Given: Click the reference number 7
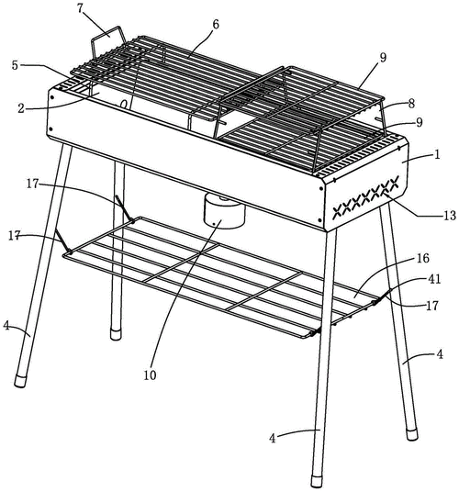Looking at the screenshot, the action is (80, 8).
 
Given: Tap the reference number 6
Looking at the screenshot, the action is (216, 25).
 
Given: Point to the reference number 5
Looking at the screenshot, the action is (16, 65).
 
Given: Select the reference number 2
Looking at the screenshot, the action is (21, 108).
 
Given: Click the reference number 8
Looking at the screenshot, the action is (411, 104).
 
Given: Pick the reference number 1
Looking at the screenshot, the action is (437, 154).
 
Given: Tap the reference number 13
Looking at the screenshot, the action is (450, 216).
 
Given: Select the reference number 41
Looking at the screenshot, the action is (434, 279).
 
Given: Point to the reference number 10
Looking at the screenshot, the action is (150, 375).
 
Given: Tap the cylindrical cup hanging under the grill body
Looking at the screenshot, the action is (224, 211).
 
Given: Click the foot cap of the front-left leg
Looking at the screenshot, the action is (21, 381).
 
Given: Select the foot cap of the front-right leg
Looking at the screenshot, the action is (317, 482).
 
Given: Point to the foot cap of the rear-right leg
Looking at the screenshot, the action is (412, 435).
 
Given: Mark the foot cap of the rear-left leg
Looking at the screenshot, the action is (116, 334).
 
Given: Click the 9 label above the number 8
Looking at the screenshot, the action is (383, 58).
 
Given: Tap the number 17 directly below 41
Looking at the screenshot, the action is (432, 306).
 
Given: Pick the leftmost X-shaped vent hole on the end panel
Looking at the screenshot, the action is (338, 212).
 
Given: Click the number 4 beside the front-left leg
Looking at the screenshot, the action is (6, 326).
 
